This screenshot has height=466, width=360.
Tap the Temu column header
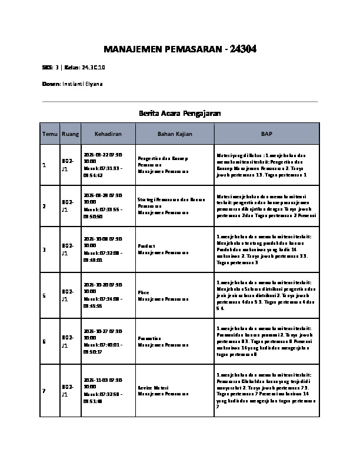point(49,134)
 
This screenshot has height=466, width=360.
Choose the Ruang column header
point(69,134)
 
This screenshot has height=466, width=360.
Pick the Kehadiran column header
point(108,134)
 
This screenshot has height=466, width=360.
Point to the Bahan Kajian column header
point(175,134)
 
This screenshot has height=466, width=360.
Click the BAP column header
point(266,134)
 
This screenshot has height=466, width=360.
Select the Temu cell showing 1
point(44,165)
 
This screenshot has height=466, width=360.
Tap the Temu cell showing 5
point(44,295)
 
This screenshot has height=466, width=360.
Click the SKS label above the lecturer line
point(48,68)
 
